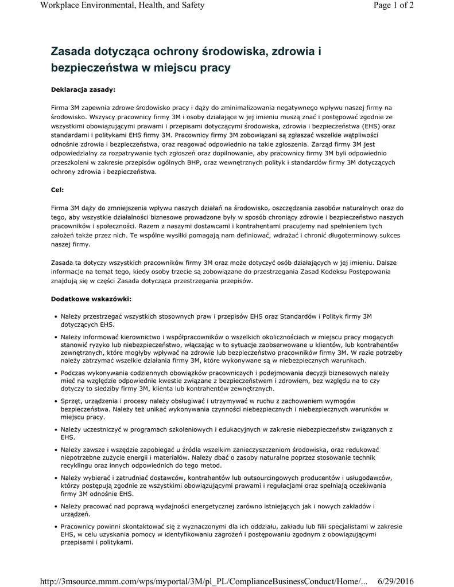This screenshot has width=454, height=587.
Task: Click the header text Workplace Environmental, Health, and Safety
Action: [123, 6]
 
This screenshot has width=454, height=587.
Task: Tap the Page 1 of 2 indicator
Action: [393, 6]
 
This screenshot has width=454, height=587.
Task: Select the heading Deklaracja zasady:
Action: [83, 89]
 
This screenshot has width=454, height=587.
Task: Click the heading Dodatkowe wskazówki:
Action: [91, 299]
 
